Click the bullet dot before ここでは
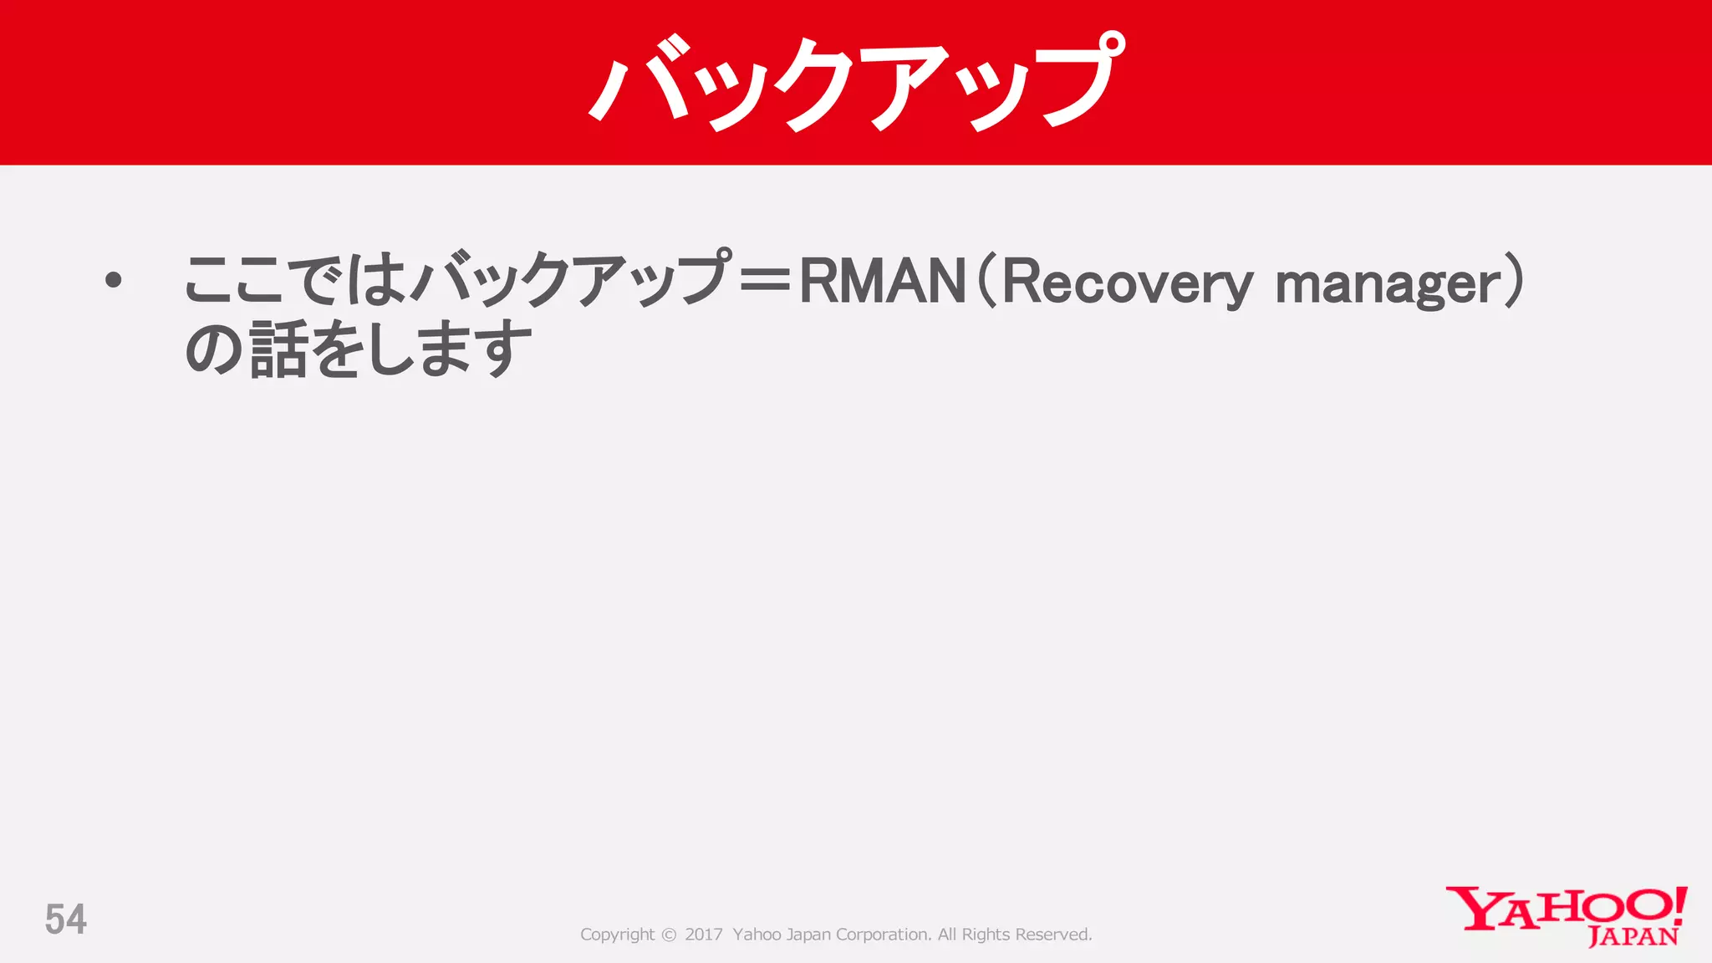114,281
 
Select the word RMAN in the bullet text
883,281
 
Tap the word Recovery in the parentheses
1127,283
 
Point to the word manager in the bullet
1388,284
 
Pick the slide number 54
66,920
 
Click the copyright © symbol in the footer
669,935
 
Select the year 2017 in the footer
703,935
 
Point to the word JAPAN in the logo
1633,936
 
